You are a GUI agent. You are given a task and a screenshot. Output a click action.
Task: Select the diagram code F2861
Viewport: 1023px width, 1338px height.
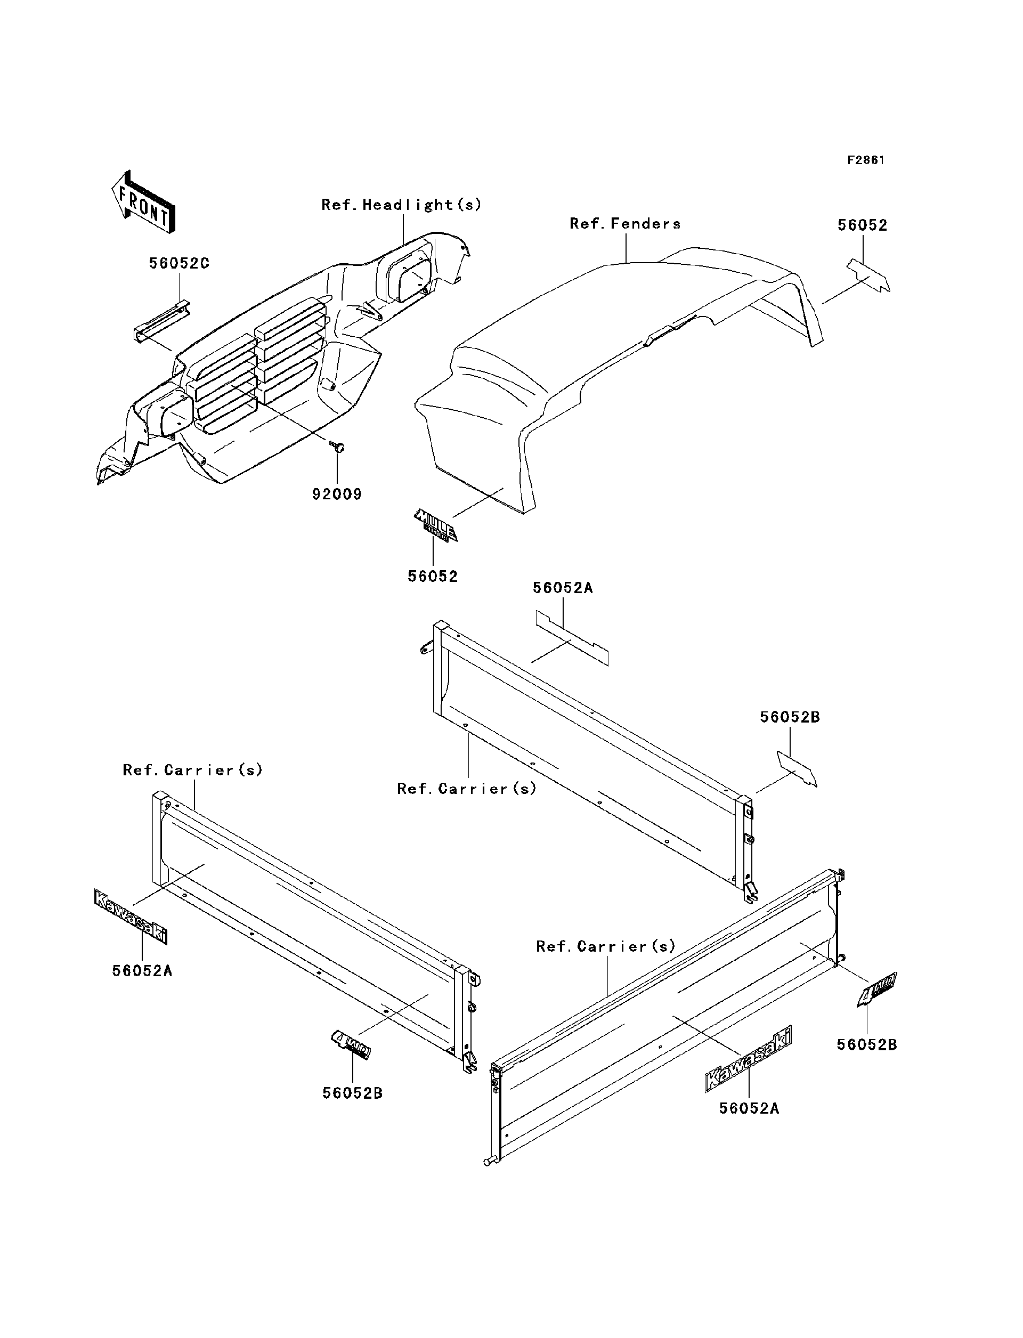(x=866, y=160)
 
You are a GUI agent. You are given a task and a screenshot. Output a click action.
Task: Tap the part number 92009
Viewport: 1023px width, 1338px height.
(x=337, y=494)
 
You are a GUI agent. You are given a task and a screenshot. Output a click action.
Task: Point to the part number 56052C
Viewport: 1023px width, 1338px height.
(x=179, y=264)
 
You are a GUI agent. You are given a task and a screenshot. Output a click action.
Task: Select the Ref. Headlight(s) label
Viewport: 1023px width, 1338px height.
(x=401, y=205)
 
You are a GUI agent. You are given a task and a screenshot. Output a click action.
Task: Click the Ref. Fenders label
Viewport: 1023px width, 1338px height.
(x=625, y=224)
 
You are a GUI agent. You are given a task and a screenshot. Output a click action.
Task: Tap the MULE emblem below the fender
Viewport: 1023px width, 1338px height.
(x=435, y=525)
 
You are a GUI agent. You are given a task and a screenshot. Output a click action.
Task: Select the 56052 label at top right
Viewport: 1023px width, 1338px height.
(x=862, y=225)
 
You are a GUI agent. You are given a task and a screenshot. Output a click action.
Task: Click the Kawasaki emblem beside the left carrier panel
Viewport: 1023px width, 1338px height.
(x=131, y=917)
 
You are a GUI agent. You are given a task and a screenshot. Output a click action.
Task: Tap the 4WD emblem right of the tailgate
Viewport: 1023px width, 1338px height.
(x=878, y=989)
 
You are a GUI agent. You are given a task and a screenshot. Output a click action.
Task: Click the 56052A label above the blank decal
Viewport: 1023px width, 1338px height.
(x=563, y=588)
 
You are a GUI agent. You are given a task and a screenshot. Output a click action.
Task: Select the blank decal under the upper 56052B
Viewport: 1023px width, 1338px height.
(x=797, y=768)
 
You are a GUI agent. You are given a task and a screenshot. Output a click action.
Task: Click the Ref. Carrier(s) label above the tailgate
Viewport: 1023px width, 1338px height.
(x=606, y=946)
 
